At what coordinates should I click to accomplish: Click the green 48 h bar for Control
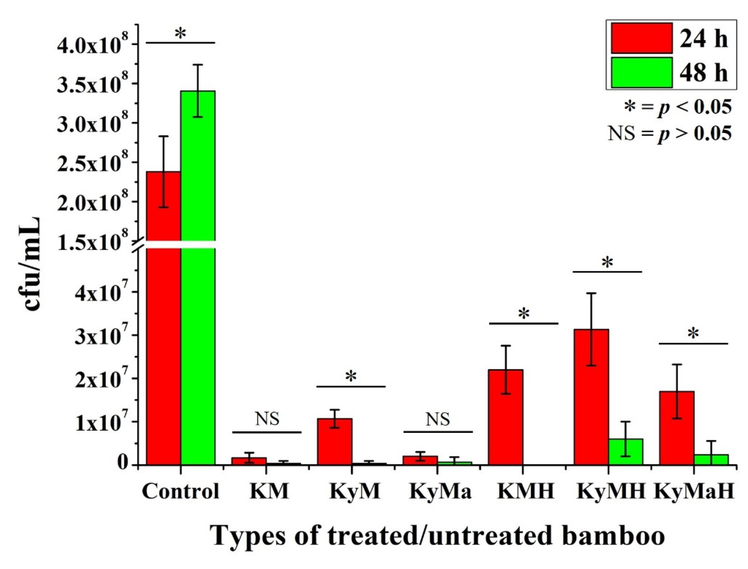[x=198, y=271]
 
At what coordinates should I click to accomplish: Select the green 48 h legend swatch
[x=642, y=72]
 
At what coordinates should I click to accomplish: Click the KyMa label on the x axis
[x=440, y=491]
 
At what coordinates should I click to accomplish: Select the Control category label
[x=181, y=491]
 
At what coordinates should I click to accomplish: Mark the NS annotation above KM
[x=267, y=419]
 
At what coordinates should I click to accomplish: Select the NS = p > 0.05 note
[x=669, y=133]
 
